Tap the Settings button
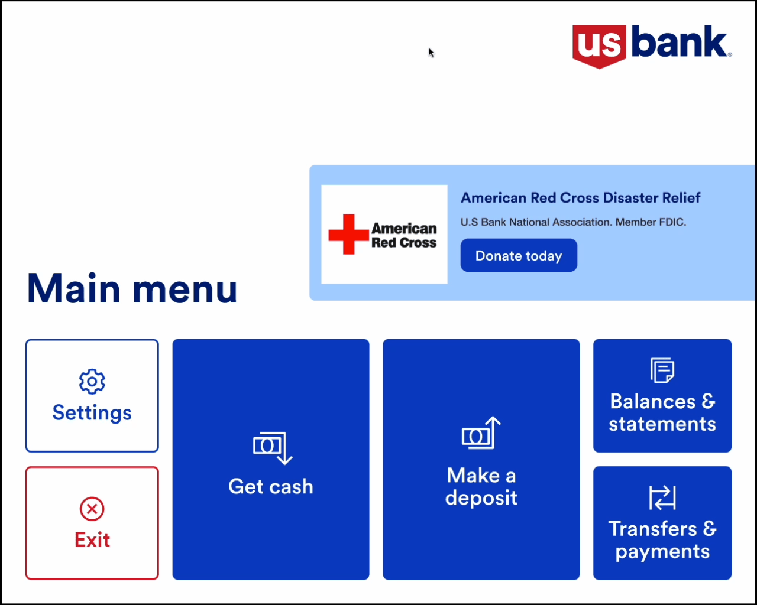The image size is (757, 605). tap(92, 395)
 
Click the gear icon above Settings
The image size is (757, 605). tap(92, 382)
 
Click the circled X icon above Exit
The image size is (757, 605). tap(92, 509)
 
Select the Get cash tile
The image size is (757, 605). tap(271, 459)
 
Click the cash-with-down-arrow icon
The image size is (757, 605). tap(273, 448)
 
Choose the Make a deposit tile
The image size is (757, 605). tap(481, 459)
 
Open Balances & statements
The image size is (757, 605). tap(662, 395)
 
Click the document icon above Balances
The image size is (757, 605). tap(662, 370)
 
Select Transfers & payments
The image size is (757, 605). tap(662, 523)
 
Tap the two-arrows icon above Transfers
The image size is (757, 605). tap(662, 497)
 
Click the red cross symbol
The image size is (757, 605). tap(348, 234)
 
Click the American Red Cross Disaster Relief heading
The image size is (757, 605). tap(580, 198)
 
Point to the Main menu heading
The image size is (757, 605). tap(132, 288)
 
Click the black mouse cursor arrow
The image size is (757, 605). tap(431, 53)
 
